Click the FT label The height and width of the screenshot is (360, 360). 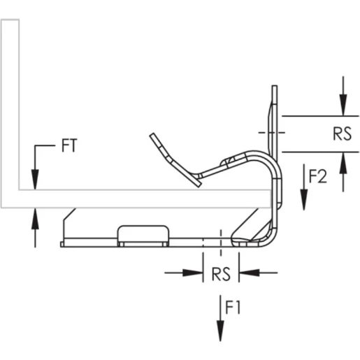pyautogui.click(x=69, y=147)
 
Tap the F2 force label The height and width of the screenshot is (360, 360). pyautogui.click(x=318, y=177)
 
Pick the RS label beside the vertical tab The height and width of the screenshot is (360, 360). pyautogui.click(x=342, y=134)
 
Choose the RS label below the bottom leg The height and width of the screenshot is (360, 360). pyautogui.click(x=220, y=273)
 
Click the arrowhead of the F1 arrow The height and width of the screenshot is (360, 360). pyautogui.click(x=220, y=329)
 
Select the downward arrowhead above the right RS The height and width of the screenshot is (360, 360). pyautogui.click(x=343, y=108)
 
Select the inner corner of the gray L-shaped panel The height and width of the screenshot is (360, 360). pyautogui.click(x=20, y=189)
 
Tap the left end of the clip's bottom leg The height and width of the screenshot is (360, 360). pyautogui.click(x=62, y=243)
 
